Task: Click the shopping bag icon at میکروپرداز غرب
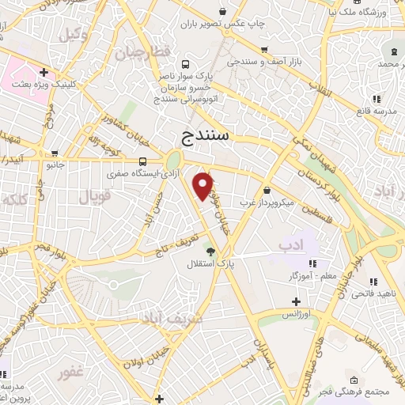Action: point(267,191)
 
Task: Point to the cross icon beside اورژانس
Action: point(296,301)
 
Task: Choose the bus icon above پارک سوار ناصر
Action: point(185,64)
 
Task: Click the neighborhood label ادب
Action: point(290,246)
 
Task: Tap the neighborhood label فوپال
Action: point(95,197)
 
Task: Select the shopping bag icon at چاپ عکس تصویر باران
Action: point(223,11)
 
